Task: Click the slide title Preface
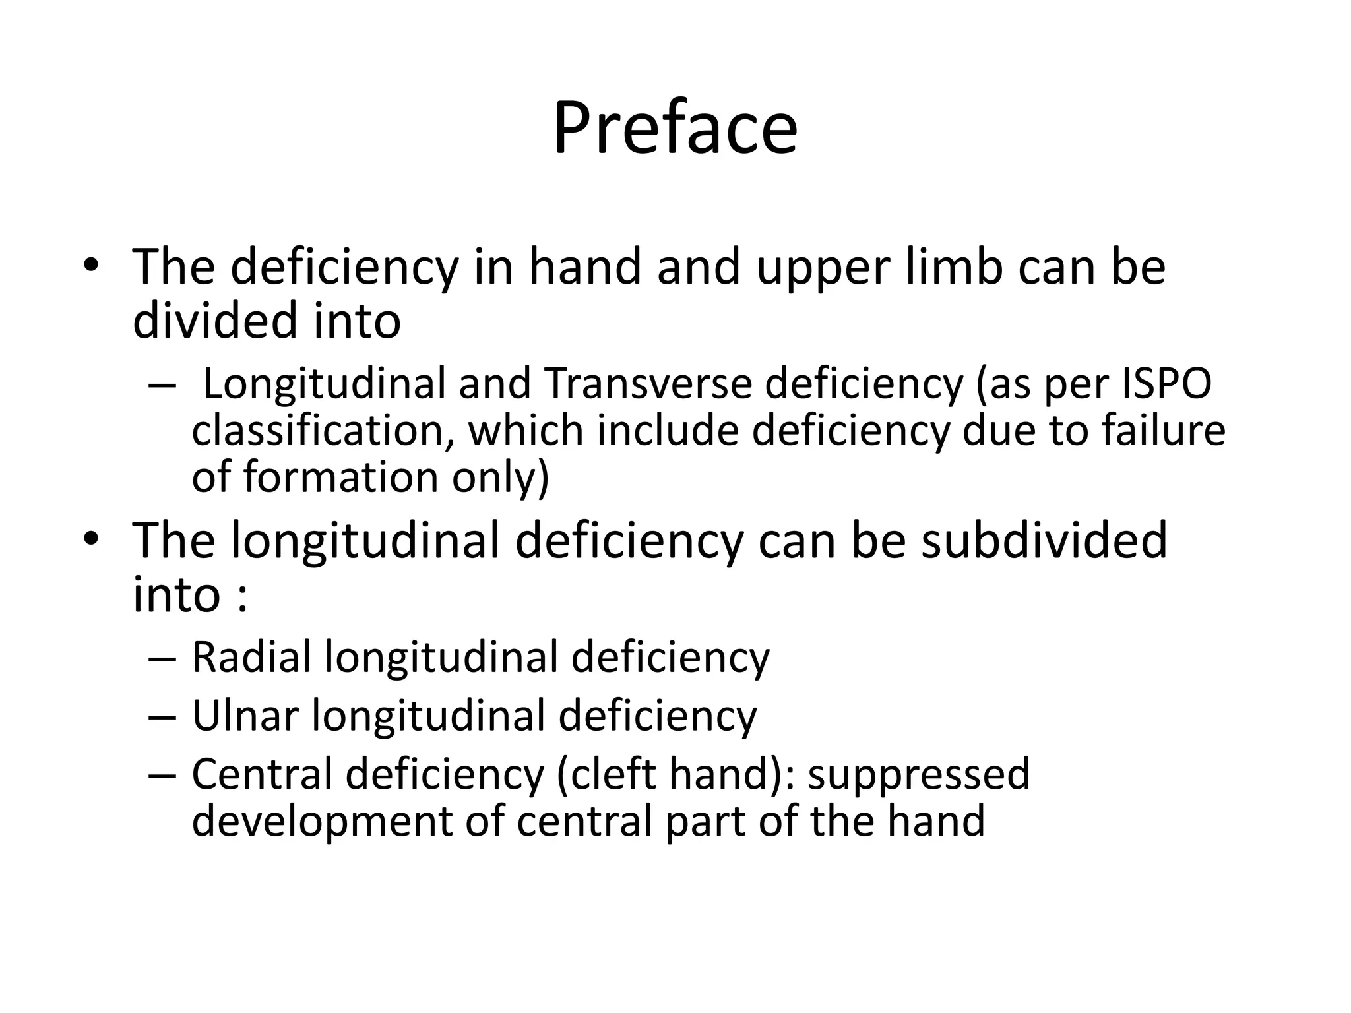click(675, 128)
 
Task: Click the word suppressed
click(918, 775)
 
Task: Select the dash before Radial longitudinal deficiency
click(163, 659)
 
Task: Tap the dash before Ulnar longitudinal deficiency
click(163, 717)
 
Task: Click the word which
click(526, 430)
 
